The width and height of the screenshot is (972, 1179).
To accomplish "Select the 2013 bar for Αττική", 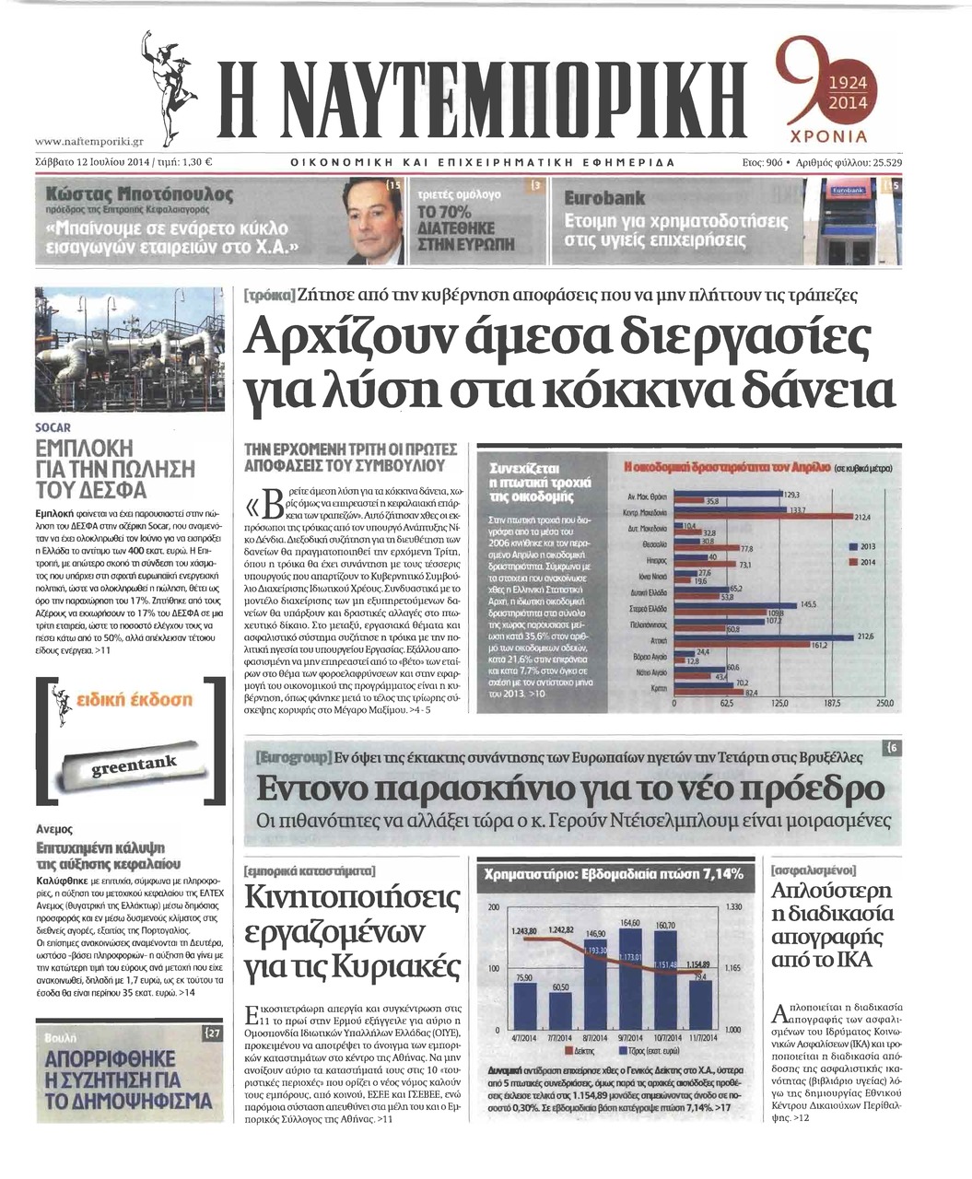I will click(x=765, y=637).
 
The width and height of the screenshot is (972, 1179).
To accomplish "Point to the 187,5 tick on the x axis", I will click(x=832, y=703).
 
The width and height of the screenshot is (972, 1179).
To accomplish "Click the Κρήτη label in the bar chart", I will click(x=658, y=688).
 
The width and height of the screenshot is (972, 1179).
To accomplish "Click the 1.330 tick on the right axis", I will click(x=734, y=908).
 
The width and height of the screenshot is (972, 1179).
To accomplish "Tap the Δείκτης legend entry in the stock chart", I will click(x=581, y=1050).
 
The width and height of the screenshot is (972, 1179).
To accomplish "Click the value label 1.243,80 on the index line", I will click(x=523, y=931).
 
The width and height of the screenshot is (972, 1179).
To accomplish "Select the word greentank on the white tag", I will click(x=135, y=765).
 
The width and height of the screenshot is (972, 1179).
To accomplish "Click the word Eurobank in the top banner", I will click(x=604, y=197).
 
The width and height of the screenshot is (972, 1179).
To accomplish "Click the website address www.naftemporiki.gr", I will click(x=88, y=142).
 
